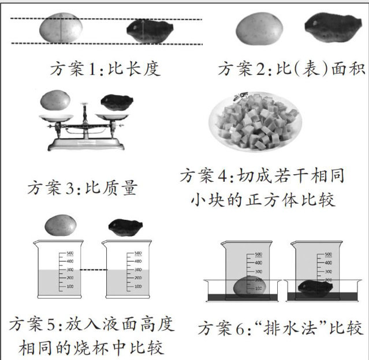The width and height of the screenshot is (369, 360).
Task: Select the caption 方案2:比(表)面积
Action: tap(291, 69)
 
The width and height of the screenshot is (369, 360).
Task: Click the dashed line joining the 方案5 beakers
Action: tap(91, 271)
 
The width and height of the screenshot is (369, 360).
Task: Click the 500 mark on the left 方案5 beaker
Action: tap(69, 253)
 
